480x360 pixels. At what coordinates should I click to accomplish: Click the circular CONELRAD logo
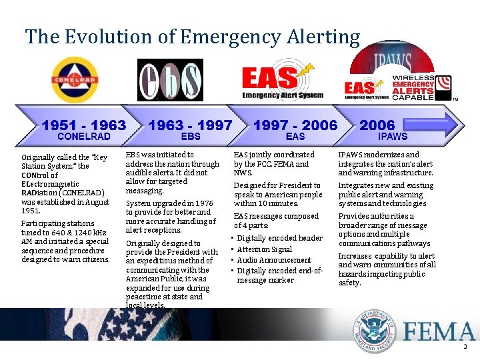click(x=75, y=81)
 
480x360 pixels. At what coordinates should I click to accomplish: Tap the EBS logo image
click(x=170, y=80)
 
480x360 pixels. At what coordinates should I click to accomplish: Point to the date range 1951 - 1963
click(x=83, y=125)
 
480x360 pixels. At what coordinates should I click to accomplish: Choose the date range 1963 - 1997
click(x=190, y=125)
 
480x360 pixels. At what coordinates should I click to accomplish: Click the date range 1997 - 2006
click(x=295, y=125)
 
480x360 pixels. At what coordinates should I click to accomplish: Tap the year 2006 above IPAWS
click(x=377, y=125)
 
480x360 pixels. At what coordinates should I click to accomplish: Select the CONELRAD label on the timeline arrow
click(x=84, y=137)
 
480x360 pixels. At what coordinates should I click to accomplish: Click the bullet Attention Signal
click(x=265, y=249)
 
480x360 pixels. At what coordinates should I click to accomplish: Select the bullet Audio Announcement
click(x=274, y=260)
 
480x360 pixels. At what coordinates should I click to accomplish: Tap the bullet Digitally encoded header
click(x=279, y=238)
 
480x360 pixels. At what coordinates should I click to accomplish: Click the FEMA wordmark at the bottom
click(x=436, y=332)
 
